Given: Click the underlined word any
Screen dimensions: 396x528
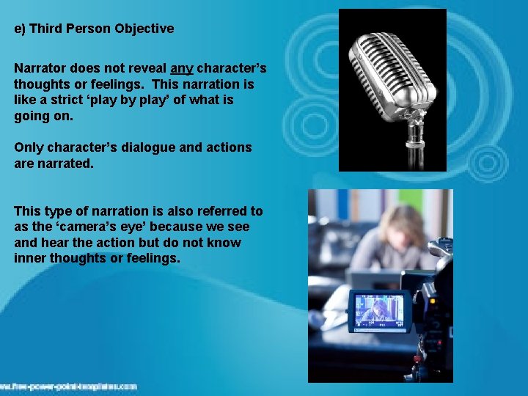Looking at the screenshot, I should coord(182,68).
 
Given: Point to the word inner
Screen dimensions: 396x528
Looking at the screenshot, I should coord(29,258).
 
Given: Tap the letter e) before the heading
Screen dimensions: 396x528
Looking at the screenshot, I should coord(20,29).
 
